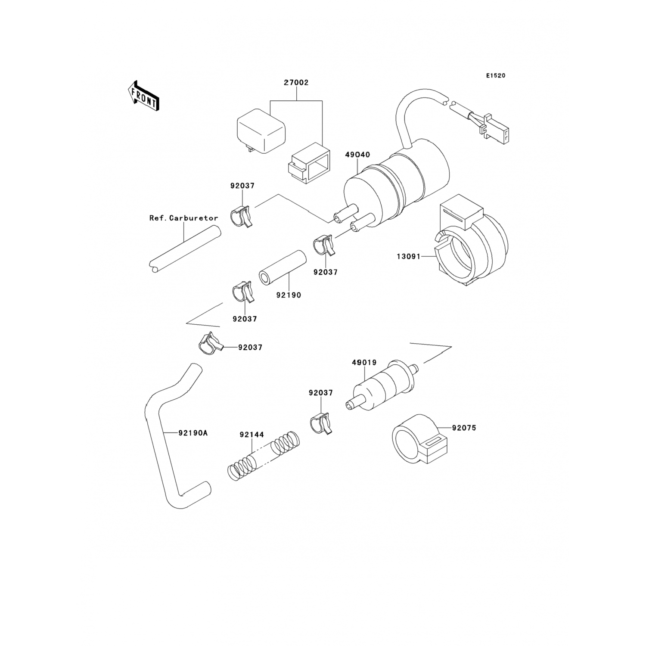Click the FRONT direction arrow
pyautogui.click(x=143, y=96)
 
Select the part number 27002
pyautogui.click(x=296, y=83)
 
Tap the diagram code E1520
pyautogui.click(x=496, y=76)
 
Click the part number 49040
pyautogui.click(x=357, y=155)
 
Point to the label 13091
pyautogui.click(x=409, y=257)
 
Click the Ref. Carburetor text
pyautogui.click(x=184, y=218)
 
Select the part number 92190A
pyautogui.click(x=193, y=433)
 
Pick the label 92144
pyautogui.click(x=252, y=435)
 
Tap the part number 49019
pyautogui.click(x=364, y=363)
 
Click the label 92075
pyautogui.click(x=464, y=428)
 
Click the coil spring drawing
pyautogui.click(x=263, y=457)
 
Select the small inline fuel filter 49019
pyautogui.click(x=381, y=383)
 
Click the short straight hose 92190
pyautogui.click(x=282, y=267)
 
